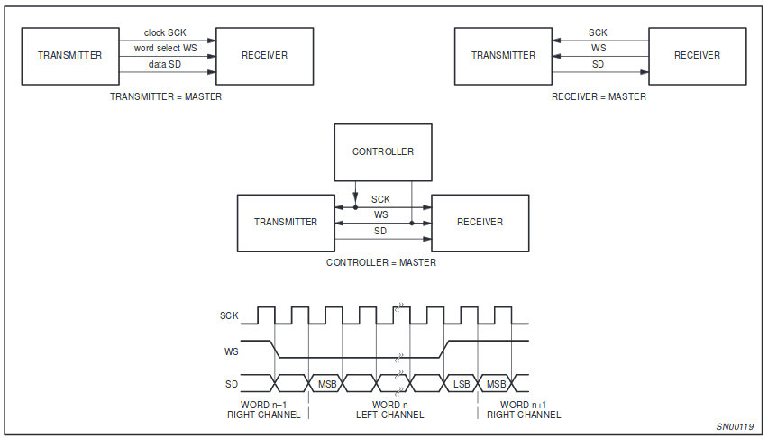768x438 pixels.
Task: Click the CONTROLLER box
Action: pos(383,151)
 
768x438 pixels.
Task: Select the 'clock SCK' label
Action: pos(165,33)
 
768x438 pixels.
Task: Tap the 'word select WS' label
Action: pos(165,48)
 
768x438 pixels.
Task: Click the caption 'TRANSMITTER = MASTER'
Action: pos(165,97)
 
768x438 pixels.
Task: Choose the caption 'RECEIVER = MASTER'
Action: pos(599,97)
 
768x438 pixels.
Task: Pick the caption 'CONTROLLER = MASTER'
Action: pos(381,263)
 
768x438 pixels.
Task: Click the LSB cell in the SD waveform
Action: pos(461,383)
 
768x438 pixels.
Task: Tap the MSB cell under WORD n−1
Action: pos(326,383)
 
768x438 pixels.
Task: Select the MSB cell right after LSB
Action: pos(496,383)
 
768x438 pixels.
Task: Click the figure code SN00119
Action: pos(736,426)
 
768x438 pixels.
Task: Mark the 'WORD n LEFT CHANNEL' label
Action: pos(390,410)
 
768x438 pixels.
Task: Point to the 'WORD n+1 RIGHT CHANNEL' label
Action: pos(524,410)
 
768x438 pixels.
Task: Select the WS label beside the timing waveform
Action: pos(230,351)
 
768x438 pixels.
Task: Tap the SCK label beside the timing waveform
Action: pos(230,316)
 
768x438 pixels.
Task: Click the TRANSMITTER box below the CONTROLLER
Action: pos(286,222)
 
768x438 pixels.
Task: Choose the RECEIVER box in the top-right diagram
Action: pos(698,56)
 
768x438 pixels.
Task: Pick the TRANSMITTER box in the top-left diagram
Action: pos(70,56)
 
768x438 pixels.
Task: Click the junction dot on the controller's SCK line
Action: pos(355,206)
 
